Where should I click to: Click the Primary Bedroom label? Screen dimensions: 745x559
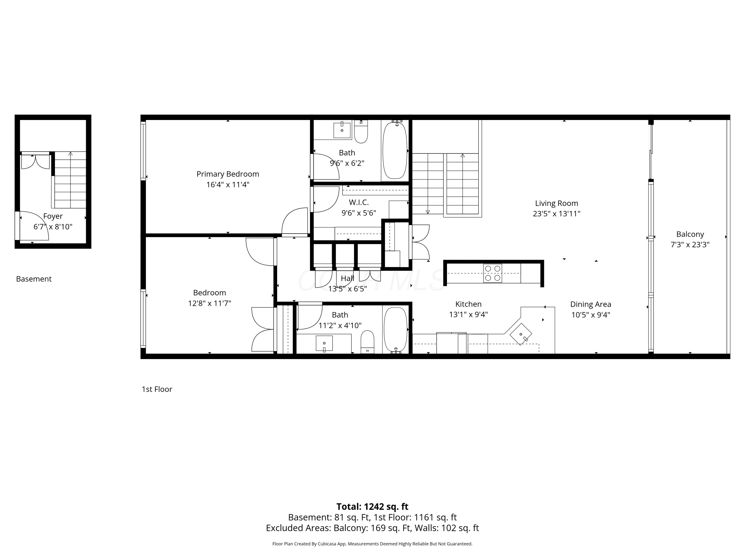(228, 174)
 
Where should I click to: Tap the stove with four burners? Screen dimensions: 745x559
(492, 273)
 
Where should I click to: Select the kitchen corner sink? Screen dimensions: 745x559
(521, 334)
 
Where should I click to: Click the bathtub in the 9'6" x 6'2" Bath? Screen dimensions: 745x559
(395, 150)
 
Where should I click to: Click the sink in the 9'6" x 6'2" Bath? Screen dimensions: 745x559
(342, 130)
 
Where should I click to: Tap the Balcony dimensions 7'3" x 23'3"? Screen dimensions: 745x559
(690, 245)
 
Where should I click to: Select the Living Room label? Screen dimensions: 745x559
(557, 203)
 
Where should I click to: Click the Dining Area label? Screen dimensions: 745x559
(590, 304)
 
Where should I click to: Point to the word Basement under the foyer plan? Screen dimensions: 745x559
(34, 279)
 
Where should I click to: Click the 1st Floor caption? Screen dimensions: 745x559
(157, 389)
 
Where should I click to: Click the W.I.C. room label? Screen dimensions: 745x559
(359, 202)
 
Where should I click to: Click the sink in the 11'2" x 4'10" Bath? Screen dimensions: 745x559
(324, 344)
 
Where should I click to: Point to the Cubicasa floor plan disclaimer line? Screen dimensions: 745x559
(372, 544)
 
